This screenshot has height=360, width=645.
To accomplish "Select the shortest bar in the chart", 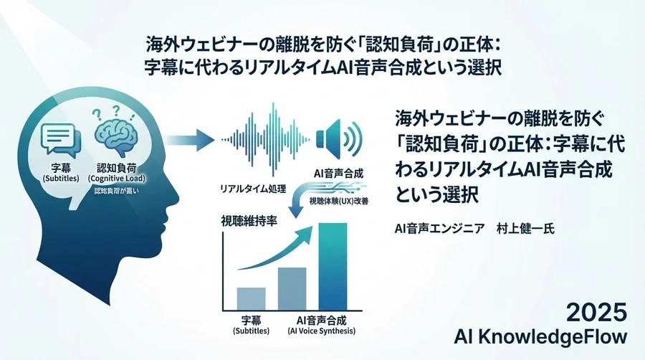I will pyautogui.click(x=251, y=297).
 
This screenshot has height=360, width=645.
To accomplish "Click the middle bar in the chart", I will pyautogui.click(x=292, y=287).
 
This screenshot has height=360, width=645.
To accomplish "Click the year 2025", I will pyautogui.click(x=596, y=313).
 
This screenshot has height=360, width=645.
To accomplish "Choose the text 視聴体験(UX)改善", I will pyautogui.click(x=338, y=204).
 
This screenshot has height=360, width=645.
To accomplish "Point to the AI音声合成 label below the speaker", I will pyautogui.click(x=338, y=173).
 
